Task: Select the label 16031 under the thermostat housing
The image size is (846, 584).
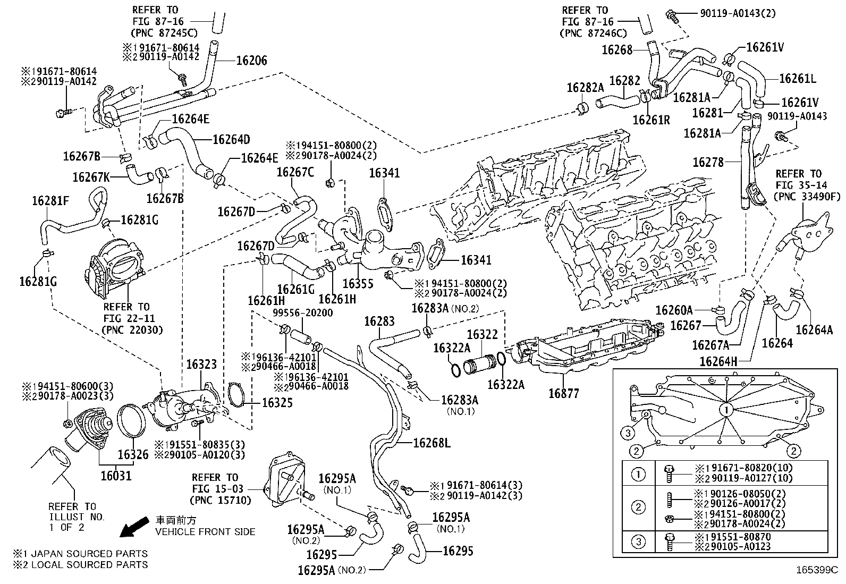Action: tap(116, 474)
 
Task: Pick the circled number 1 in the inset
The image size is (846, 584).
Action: tap(726, 410)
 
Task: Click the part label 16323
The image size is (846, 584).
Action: tap(201, 365)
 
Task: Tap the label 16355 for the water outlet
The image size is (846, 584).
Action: tap(358, 284)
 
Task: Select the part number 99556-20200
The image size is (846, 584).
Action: tap(303, 313)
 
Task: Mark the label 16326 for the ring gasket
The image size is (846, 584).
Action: tap(133, 455)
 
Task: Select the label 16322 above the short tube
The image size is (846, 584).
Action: tap(482, 334)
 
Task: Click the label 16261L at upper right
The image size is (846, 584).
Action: tap(797, 79)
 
